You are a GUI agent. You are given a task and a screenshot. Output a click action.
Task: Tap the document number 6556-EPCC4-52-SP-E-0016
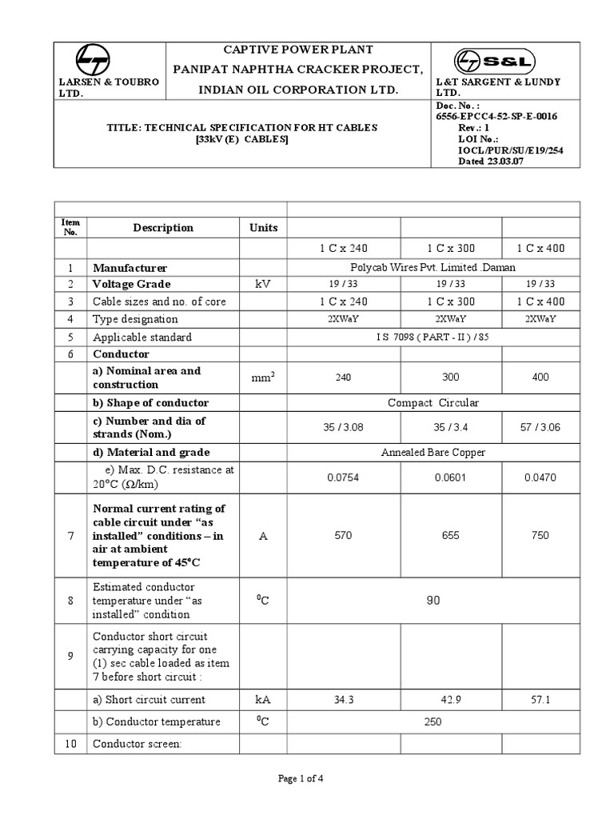tap(496, 116)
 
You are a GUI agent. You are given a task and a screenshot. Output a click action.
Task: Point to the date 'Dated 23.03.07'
tap(470, 160)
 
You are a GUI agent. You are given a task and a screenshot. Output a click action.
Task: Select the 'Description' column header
tap(163, 227)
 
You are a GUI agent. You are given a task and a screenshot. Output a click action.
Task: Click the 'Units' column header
tap(263, 227)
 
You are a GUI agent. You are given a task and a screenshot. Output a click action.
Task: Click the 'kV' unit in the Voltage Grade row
tap(263, 284)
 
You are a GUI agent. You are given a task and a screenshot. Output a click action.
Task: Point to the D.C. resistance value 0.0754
tap(344, 477)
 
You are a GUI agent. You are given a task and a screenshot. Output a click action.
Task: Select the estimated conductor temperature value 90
tap(432, 600)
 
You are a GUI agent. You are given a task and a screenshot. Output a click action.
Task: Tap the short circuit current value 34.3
tap(344, 699)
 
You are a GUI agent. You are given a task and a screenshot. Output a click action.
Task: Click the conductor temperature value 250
tap(432, 721)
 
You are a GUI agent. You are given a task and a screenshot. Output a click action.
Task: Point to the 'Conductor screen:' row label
tap(138, 744)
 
